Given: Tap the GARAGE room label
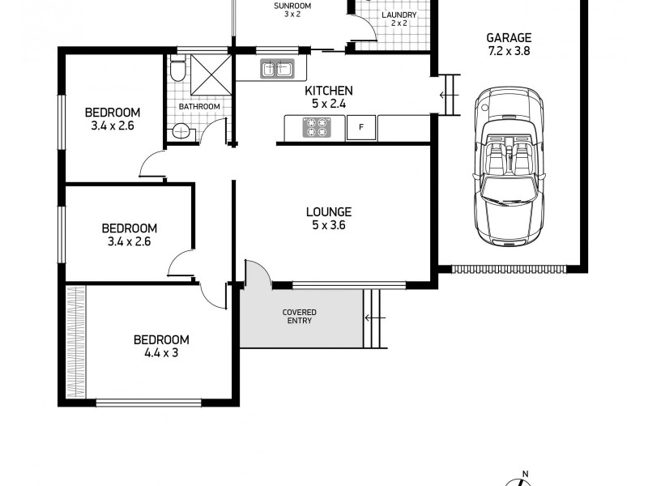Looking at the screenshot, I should [x=509, y=37].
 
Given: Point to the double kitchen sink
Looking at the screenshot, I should [x=276, y=70].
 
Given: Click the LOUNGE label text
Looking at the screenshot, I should [x=328, y=213].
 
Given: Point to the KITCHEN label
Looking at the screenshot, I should [x=328, y=91].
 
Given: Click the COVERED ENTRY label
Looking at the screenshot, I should [x=299, y=316].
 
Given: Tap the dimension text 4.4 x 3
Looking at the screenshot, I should [x=161, y=353].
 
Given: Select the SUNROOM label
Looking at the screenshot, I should [x=292, y=6].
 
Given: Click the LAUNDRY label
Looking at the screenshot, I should [x=399, y=15].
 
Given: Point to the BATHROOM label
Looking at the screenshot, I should [x=199, y=107].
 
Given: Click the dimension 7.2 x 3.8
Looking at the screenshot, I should [x=509, y=51].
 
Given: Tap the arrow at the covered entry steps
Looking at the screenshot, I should [x=373, y=318].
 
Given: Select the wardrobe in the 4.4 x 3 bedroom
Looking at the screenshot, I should [x=75, y=340].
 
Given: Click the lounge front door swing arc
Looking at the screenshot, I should [x=258, y=271].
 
